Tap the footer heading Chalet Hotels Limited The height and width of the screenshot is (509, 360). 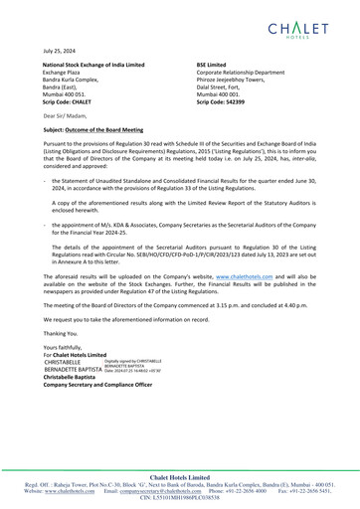click(x=180, y=475)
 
